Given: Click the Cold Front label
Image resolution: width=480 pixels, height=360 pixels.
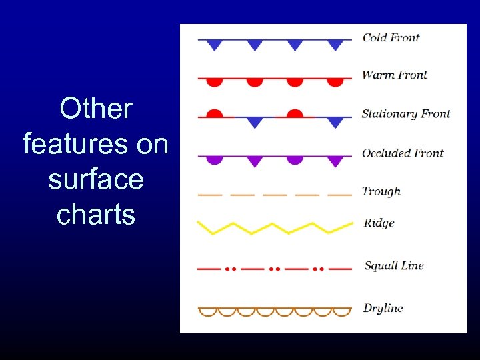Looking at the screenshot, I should click(391, 37).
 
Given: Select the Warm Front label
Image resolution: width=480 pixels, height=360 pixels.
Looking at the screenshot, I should click(394, 75).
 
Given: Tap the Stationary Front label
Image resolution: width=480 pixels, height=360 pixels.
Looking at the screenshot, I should click(405, 113).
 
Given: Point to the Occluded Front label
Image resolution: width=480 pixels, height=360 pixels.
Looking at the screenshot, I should click(402, 153).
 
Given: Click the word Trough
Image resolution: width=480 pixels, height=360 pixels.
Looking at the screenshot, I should click(381, 191).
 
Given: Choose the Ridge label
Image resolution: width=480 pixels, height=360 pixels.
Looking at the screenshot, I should click(379, 223).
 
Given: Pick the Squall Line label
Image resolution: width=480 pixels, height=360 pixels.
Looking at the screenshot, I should click(393, 265).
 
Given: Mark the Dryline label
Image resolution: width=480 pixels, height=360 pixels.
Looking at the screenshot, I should click(383, 308).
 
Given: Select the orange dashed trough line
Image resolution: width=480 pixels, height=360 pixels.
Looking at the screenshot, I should click(275, 195).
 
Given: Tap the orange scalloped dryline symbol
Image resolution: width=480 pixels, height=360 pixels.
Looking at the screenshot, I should click(275, 311).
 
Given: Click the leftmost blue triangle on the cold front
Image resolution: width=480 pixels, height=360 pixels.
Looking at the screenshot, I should click(214, 45).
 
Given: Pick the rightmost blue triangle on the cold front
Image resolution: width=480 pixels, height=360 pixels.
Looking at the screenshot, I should click(336, 45).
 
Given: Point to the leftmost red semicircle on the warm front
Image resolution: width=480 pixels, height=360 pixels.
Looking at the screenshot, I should click(214, 82).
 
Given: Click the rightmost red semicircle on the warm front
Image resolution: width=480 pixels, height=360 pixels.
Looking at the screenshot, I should click(336, 82).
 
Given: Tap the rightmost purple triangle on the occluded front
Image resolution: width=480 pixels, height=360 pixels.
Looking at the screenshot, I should click(336, 161).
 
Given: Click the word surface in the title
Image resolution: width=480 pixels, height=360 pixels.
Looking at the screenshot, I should click(96, 180).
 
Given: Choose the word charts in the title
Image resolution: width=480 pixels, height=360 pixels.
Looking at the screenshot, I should click(96, 215).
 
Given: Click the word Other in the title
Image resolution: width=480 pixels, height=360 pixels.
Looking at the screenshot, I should click(96, 109).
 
